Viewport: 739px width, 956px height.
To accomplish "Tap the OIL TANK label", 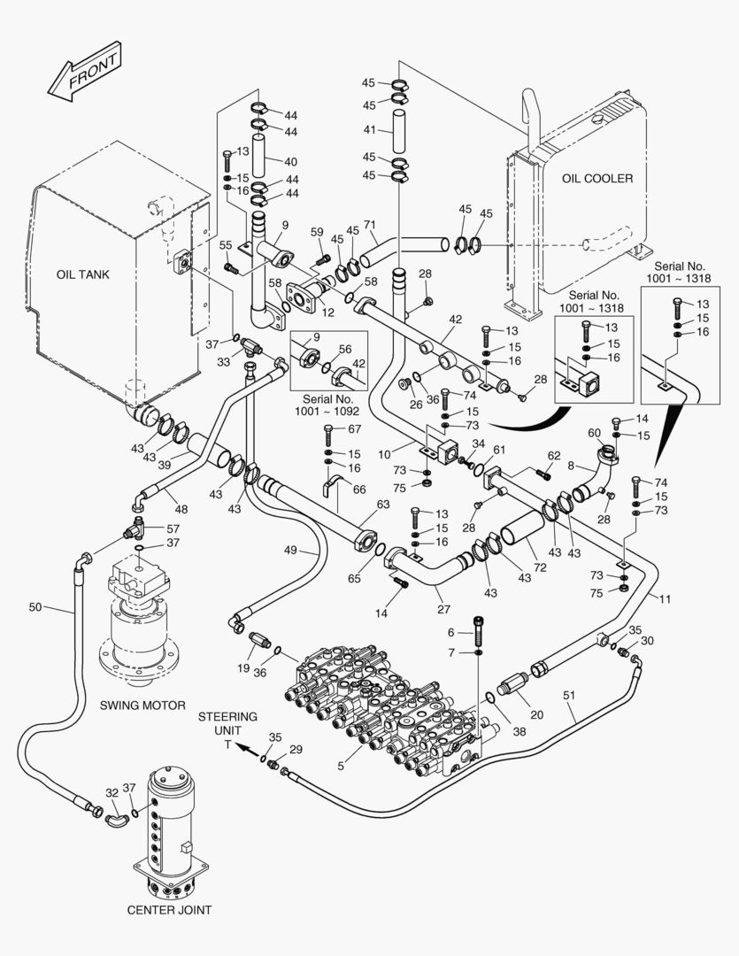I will [82, 274].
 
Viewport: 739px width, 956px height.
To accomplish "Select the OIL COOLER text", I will [597, 179].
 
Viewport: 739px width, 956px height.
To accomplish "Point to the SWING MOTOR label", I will [142, 705].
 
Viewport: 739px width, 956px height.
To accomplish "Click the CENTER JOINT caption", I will [169, 909].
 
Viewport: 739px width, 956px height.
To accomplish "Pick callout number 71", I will [371, 226].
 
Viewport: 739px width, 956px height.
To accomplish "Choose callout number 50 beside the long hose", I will [35, 607].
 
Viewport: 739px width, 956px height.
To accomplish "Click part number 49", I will [290, 550].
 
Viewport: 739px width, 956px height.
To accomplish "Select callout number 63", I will [382, 505].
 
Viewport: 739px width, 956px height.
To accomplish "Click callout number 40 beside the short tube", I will [291, 161].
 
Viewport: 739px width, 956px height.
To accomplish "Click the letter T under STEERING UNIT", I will [227, 745].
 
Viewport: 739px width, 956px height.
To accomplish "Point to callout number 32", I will [111, 793].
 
